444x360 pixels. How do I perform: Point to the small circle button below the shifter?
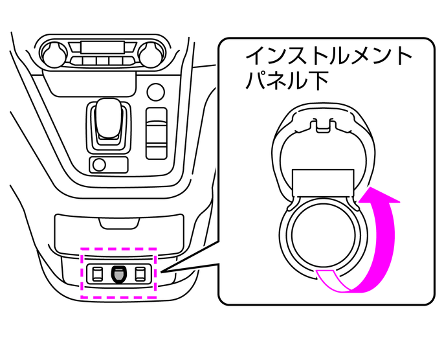[98, 164]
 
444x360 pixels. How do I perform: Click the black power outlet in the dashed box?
[118, 274]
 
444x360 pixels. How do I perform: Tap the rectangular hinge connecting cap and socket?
[323, 182]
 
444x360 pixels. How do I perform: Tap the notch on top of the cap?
[322, 123]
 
